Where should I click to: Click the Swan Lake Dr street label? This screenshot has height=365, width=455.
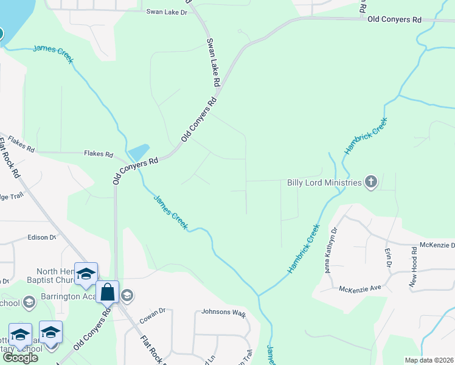point(167,12)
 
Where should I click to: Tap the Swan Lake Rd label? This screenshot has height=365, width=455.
point(213,61)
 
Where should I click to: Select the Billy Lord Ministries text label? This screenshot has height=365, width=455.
point(324,182)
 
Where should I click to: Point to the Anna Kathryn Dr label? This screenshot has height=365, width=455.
point(332,249)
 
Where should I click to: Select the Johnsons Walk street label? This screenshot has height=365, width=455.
point(223,314)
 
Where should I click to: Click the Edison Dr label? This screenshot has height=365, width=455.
point(41,237)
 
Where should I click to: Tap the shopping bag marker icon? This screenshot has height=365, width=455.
point(108,292)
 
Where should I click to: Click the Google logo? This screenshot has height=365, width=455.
point(20,358)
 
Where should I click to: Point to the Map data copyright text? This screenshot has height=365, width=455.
point(429,360)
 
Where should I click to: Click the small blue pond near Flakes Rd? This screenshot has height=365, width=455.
point(139,152)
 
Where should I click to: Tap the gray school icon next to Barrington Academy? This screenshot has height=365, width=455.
point(127,296)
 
